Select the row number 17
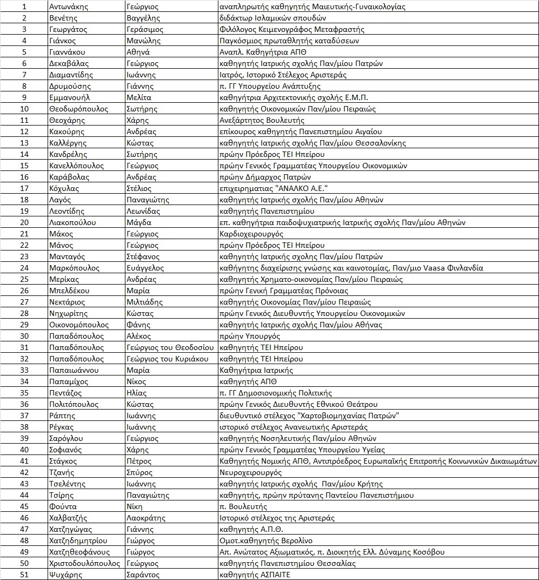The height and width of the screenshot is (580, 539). pos(24,188)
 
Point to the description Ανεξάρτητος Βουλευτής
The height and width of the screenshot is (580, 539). pos(262,120)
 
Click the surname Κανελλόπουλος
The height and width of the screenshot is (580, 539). pos(76,166)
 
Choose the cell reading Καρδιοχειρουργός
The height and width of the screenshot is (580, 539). pos(251,234)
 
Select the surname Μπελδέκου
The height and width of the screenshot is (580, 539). pos(69,291)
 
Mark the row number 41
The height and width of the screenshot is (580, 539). pos(24,461)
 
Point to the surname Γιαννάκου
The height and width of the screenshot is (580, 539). pos(67,52)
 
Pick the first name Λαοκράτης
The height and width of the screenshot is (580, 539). pos(145,518)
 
